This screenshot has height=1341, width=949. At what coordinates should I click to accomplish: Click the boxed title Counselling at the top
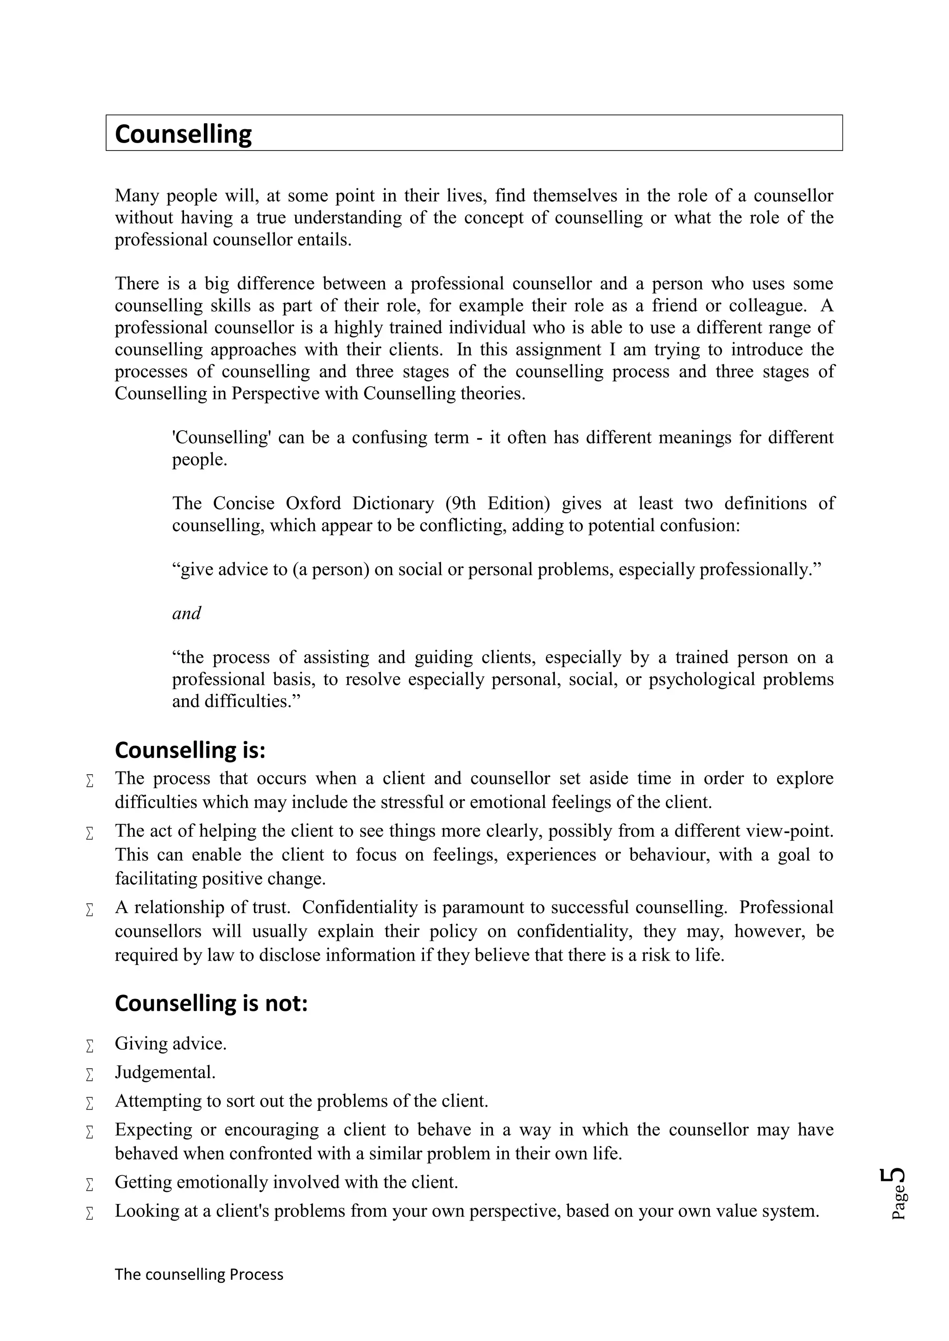pos(183,134)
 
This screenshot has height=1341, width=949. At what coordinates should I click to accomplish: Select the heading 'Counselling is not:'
pos(211,1003)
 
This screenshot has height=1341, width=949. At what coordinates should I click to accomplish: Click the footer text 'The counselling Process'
pos(199,1274)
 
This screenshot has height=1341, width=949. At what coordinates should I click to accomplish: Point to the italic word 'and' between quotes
pos(186,613)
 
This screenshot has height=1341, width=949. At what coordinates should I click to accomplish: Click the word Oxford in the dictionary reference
pos(313,503)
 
